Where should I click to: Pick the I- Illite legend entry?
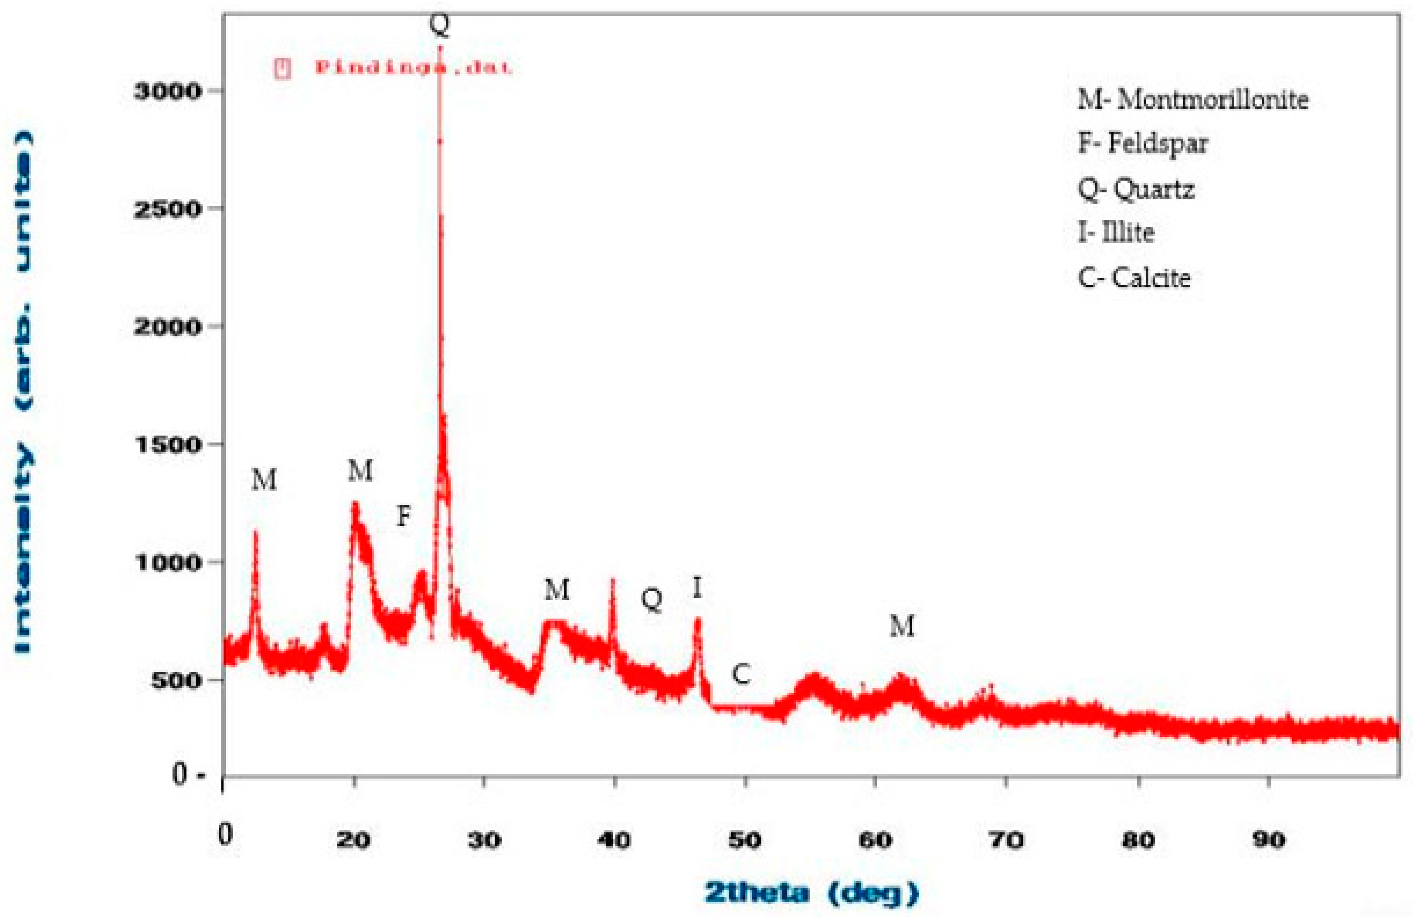(1116, 232)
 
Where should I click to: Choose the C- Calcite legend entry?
(1134, 278)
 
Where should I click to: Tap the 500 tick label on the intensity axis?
(176, 680)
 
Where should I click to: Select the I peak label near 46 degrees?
(697, 588)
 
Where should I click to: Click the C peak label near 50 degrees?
(741, 674)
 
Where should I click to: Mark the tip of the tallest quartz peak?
(440, 47)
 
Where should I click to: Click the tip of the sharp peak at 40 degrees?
(612, 579)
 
